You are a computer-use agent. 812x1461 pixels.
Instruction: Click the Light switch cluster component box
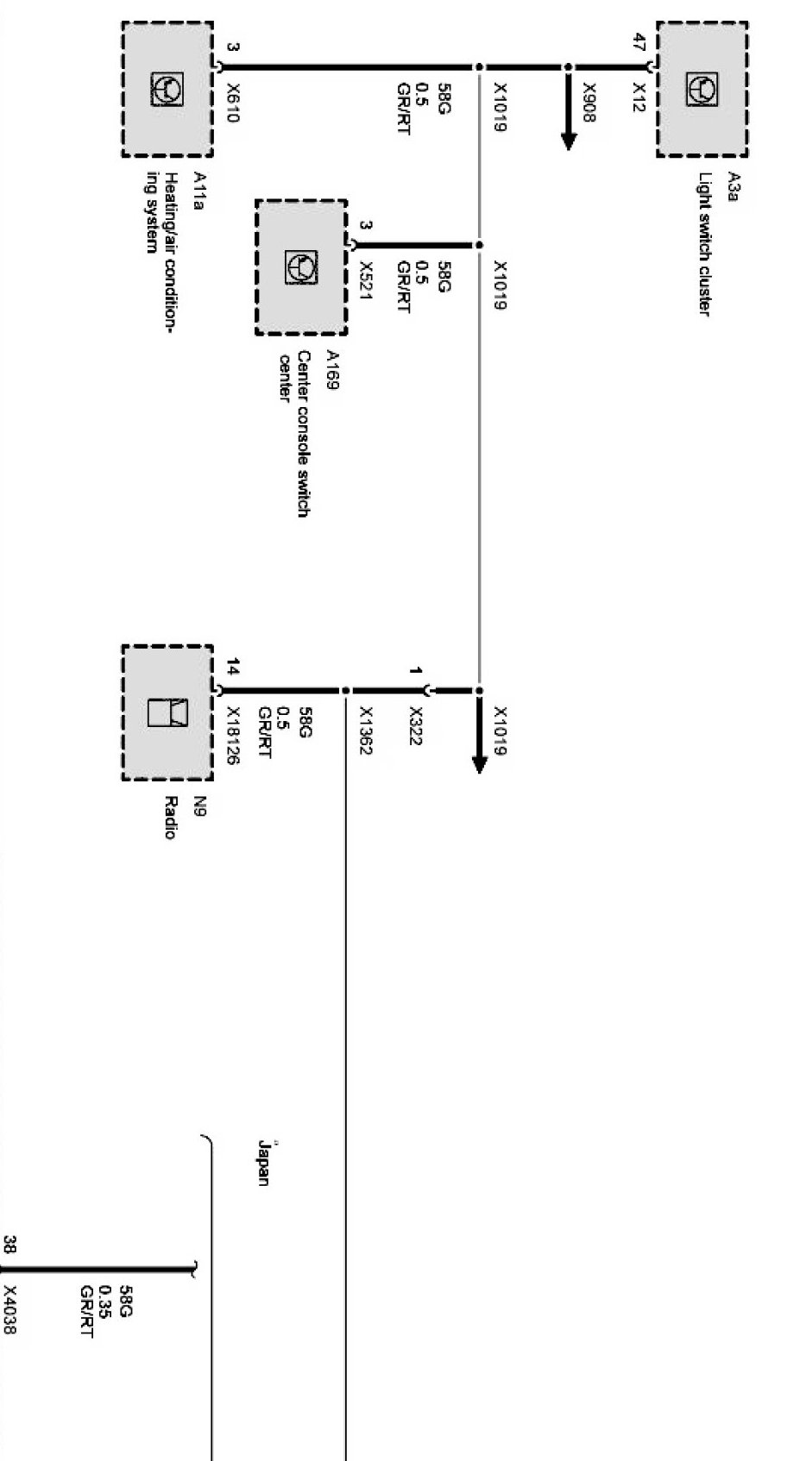(702, 90)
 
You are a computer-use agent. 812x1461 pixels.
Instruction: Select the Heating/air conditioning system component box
(167, 90)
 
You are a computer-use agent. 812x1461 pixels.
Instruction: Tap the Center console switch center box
(301, 267)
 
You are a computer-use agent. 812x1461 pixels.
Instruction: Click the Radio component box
(167, 712)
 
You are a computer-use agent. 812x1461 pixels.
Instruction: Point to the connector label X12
(639, 94)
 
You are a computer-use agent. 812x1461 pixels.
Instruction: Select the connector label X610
(232, 103)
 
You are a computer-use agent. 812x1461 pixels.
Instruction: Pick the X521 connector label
(366, 280)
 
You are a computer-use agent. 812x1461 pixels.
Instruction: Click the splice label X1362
(366, 731)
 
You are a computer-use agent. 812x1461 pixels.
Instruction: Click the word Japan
(263, 1162)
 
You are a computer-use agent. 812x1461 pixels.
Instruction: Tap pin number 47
(639, 41)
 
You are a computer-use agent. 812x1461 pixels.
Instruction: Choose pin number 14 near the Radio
(232, 667)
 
